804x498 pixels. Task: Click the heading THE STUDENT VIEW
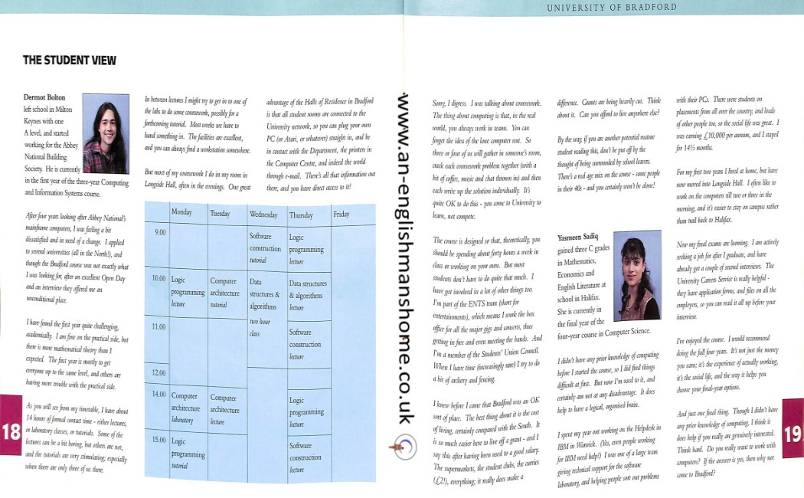click(x=69, y=60)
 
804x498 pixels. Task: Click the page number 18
click(x=11, y=431)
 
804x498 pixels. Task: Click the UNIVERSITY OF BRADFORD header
click(x=611, y=8)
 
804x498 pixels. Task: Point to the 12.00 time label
click(x=160, y=372)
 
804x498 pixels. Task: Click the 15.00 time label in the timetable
click(x=160, y=441)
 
